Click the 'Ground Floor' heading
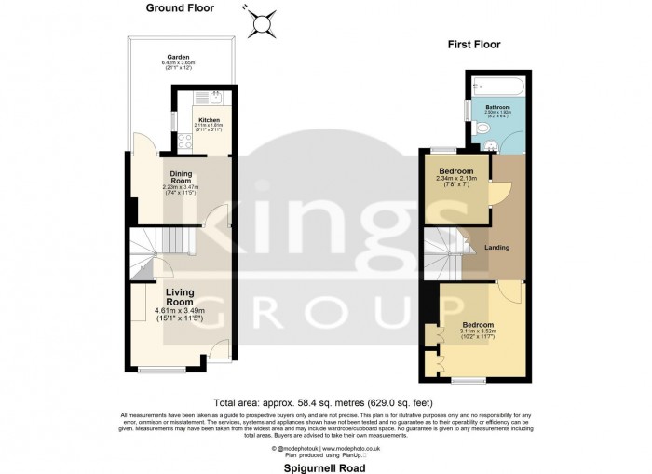[x=180, y=8]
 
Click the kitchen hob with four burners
[x=185, y=142]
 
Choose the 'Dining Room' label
[x=181, y=176]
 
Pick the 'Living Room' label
[x=180, y=297]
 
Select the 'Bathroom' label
[x=497, y=108]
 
